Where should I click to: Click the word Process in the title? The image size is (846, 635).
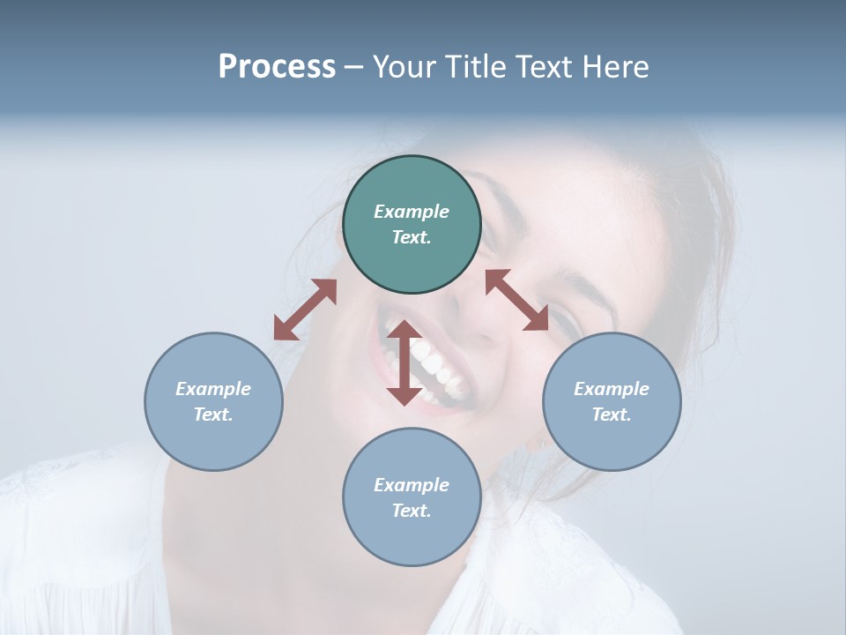(277, 67)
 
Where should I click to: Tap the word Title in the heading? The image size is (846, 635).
(473, 67)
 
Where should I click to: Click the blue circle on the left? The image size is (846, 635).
(213, 441)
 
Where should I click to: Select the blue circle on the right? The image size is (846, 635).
(612, 441)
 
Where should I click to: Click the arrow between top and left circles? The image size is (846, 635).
(305, 310)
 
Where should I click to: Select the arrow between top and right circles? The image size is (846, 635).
(517, 300)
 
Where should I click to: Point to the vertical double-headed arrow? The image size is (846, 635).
(404, 362)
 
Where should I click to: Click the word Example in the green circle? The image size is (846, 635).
(412, 212)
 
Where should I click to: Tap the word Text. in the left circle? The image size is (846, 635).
(213, 415)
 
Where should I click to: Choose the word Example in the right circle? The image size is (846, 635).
(612, 389)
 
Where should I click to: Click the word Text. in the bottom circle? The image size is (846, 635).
(412, 511)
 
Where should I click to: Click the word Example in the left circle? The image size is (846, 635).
(213, 389)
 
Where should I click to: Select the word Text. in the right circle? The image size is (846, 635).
(612, 415)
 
